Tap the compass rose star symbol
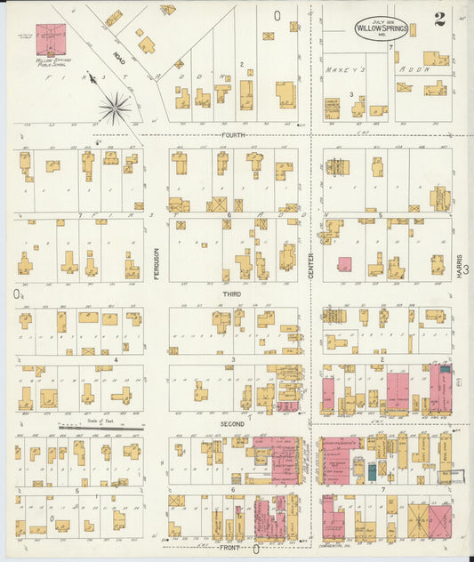click(115, 108)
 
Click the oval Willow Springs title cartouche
click(382, 29)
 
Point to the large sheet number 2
click(439, 20)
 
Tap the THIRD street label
click(231, 293)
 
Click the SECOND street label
click(232, 424)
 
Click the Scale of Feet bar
click(100, 428)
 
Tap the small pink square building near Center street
click(344, 264)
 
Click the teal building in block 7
click(372, 471)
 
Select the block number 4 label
click(116, 360)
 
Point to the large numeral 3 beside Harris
click(465, 269)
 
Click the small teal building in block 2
click(445, 368)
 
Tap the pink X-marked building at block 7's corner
click(439, 522)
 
